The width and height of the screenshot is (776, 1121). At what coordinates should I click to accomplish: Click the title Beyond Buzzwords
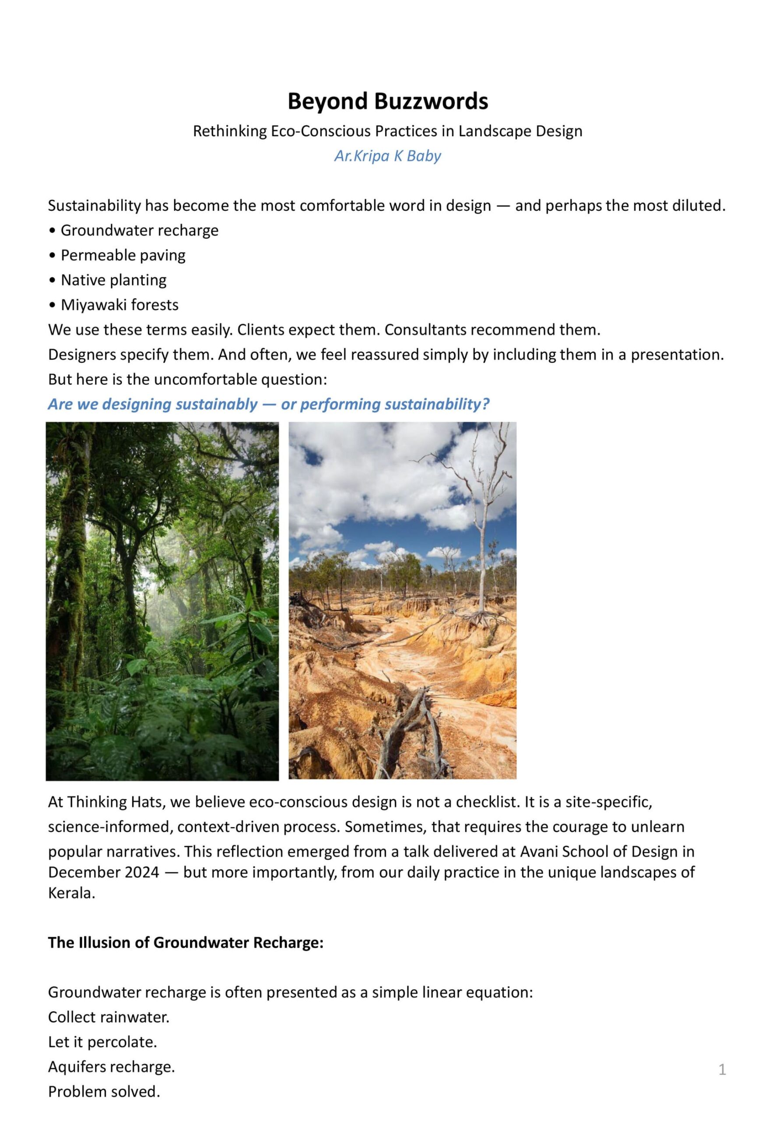point(387,102)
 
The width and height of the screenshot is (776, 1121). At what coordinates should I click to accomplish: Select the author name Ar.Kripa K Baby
point(387,156)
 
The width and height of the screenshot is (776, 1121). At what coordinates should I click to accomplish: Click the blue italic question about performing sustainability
point(268,404)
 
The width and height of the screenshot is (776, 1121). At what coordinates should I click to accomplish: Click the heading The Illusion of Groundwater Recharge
point(185,942)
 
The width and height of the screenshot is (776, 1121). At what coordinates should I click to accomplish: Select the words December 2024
point(104,872)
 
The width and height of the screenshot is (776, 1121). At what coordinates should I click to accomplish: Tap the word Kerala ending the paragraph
point(71,893)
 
